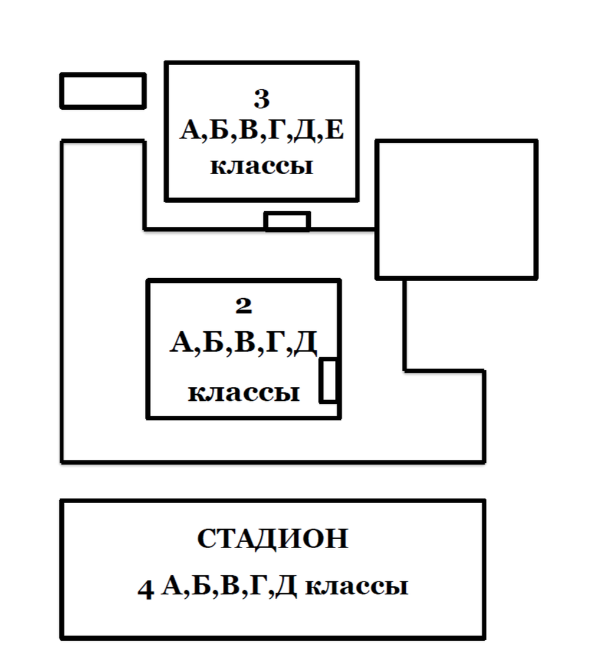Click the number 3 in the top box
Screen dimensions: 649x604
[261, 99]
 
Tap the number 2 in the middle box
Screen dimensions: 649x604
[243, 305]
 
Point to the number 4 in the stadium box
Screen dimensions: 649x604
[145, 589]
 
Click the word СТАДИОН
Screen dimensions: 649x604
[272, 539]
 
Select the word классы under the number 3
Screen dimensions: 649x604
[261, 166]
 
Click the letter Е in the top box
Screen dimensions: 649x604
[334, 131]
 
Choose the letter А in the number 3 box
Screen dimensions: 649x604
[191, 131]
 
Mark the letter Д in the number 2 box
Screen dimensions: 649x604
[304, 343]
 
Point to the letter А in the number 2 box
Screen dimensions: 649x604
[180, 343]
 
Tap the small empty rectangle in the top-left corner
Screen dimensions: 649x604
[103, 91]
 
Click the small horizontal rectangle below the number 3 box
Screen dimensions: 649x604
[287, 221]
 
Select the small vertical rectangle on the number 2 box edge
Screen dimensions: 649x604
[329, 380]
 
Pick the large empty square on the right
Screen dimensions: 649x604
[457, 209]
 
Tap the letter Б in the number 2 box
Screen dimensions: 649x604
[211, 343]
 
